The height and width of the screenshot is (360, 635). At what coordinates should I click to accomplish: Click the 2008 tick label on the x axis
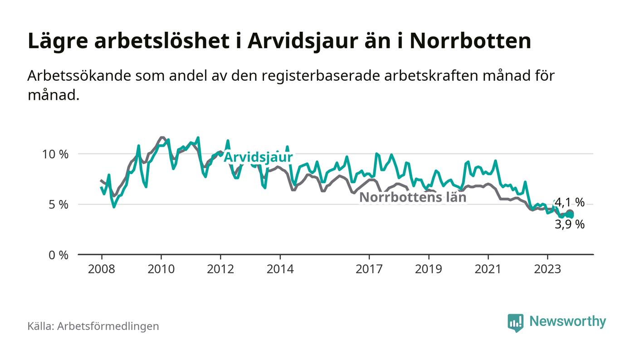(101, 269)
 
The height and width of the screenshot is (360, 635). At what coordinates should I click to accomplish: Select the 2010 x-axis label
(161, 269)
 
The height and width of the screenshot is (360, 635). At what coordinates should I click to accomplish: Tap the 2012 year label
(220, 269)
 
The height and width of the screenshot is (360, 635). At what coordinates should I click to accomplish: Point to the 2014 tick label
(280, 269)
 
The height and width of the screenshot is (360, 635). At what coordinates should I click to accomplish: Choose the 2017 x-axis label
(370, 269)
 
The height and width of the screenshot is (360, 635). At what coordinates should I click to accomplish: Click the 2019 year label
(429, 269)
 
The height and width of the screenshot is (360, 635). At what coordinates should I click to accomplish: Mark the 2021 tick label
(488, 269)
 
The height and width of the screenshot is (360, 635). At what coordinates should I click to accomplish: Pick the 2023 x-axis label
(548, 269)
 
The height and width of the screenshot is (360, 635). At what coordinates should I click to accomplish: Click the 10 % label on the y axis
(55, 154)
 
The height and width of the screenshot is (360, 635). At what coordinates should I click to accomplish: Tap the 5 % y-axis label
(59, 204)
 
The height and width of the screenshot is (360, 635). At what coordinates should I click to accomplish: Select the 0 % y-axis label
(59, 255)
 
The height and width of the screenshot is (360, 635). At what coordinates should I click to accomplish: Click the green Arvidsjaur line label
(259, 157)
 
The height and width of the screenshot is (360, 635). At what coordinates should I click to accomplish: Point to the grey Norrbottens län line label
(413, 197)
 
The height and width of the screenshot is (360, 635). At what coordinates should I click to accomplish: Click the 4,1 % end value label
(570, 202)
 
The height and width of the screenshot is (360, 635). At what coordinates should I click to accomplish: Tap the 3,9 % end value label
(570, 224)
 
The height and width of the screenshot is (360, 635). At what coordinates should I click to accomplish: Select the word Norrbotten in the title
(470, 41)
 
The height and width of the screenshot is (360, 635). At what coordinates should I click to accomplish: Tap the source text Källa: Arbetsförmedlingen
(93, 326)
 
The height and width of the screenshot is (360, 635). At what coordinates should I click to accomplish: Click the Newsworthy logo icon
(515, 322)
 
